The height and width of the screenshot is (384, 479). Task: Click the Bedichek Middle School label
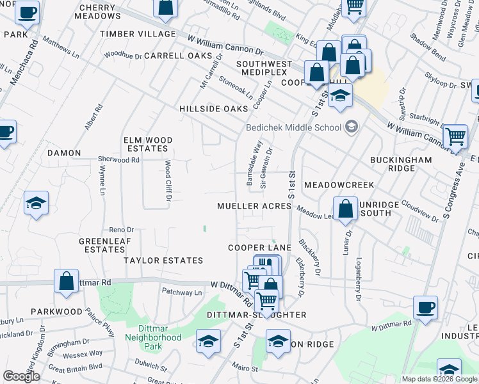pos(294,127)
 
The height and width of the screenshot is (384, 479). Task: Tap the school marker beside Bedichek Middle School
pos(350,127)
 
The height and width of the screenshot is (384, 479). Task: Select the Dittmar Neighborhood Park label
pos(153,337)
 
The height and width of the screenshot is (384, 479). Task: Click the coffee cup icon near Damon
pos(6,132)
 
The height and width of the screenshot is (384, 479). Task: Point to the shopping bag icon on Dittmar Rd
pos(66,282)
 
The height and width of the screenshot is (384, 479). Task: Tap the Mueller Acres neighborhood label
pos(254,206)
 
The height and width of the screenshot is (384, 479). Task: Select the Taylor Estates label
pos(163,260)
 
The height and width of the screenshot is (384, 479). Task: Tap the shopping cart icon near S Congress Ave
pos(455,136)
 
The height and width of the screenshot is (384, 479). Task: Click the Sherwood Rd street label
pos(118,159)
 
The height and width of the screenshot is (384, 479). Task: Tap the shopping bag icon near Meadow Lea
pos(345,209)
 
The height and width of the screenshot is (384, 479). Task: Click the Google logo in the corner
pos(22,376)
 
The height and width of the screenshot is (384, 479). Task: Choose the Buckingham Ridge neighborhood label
pos(392,164)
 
